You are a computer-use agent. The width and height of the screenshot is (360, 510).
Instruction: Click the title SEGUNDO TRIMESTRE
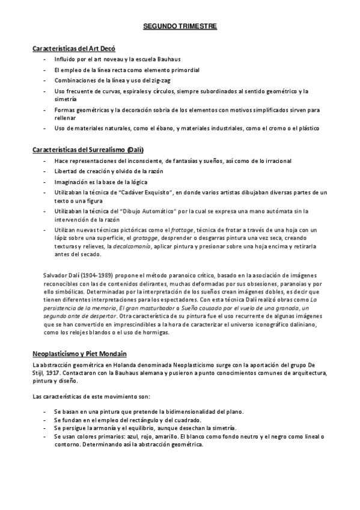[180, 27]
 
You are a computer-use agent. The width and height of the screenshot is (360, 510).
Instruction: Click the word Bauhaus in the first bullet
[168, 60]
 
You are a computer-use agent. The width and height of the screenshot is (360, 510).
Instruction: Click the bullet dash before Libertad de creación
[47, 171]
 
